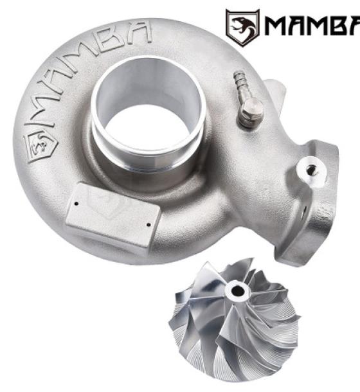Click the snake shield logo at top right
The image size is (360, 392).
coord(242,28)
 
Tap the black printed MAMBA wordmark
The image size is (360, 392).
coord(312,26)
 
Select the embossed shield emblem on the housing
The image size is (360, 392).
coord(40,147)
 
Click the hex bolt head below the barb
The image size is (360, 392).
coord(251,111)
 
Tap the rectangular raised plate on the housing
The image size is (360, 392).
coord(113,215)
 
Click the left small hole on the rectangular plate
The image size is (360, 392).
coord(76,204)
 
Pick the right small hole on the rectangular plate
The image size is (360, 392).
coord(149,225)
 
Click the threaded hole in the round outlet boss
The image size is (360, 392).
coord(312,170)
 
